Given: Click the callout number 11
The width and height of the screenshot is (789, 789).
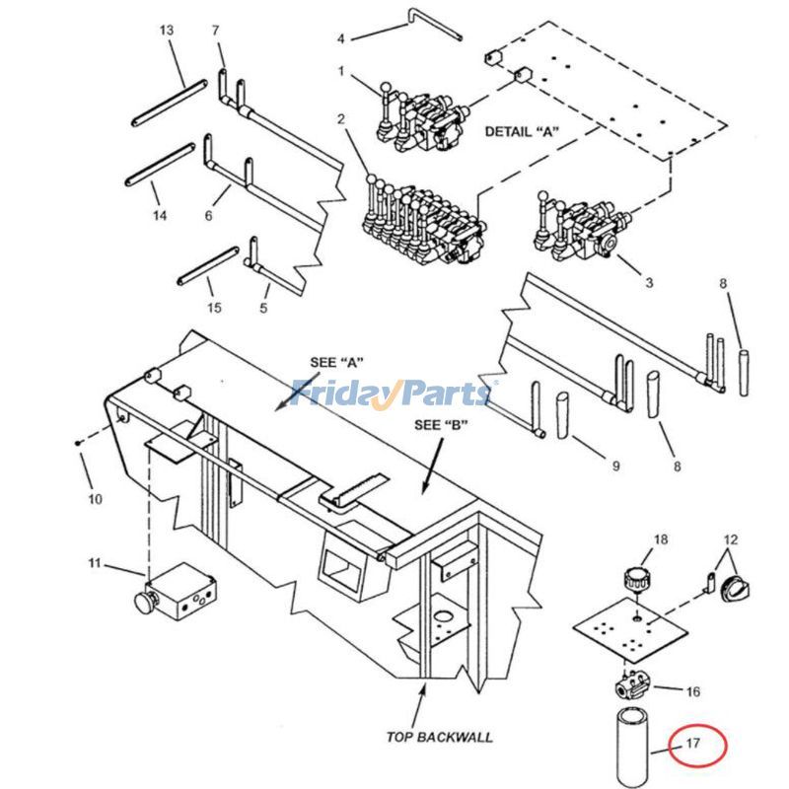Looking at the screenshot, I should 95,563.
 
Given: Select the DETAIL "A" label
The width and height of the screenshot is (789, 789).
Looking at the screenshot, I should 520,131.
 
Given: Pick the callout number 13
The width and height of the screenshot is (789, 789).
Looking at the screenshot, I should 167,31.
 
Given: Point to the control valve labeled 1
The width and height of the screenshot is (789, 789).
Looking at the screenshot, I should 421,123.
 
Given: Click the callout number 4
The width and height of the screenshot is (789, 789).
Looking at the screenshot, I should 340,38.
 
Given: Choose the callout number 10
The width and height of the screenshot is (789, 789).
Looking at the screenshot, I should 95,499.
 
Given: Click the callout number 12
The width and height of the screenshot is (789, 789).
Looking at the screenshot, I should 731,539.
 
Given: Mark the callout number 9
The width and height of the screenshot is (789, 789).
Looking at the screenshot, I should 614,466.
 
